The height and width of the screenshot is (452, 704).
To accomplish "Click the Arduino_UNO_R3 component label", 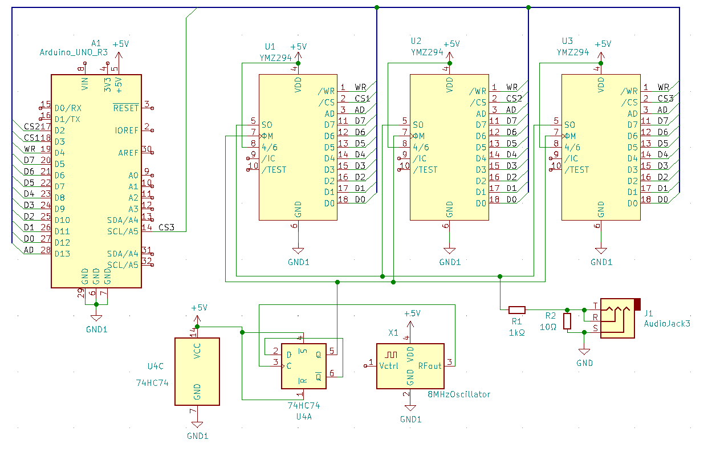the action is click(x=74, y=52).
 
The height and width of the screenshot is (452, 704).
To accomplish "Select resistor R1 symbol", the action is click(x=516, y=310).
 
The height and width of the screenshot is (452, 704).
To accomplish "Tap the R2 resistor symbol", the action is click(x=567, y=321).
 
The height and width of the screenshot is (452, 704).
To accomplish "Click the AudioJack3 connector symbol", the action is click(x=617, y=318).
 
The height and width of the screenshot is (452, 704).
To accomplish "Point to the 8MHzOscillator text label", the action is click(x=459, y=394).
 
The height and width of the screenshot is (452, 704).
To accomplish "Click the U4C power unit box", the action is click(x=197, y=372).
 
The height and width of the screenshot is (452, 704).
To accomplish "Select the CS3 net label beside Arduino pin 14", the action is click(x=166, y=227).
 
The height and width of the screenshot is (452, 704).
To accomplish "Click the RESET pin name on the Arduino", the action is click(x=126, y=108).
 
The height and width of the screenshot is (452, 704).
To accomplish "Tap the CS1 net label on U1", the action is click(x=362, y=99).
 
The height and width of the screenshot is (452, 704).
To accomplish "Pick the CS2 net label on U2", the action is click(x=514, y=99).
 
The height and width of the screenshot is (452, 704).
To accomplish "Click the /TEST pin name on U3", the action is click(x=576, y=170).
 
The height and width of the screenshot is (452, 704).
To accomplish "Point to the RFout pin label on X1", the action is click(x=430, y=366).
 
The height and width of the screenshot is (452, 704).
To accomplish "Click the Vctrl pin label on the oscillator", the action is click(x=388, y=366).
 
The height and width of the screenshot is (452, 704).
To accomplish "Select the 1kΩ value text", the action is click(x=516, y=332).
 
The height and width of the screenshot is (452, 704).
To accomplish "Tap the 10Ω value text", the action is click(x=548, y=327).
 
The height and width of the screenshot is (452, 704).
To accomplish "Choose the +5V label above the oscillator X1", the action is click(x=412, y=313).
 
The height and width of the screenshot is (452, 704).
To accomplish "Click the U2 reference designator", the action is click(x=416, y=41).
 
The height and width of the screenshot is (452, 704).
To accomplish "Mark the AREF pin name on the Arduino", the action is click(x=128, y=153).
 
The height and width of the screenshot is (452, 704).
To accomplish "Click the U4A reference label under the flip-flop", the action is click(x=304, y=417).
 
